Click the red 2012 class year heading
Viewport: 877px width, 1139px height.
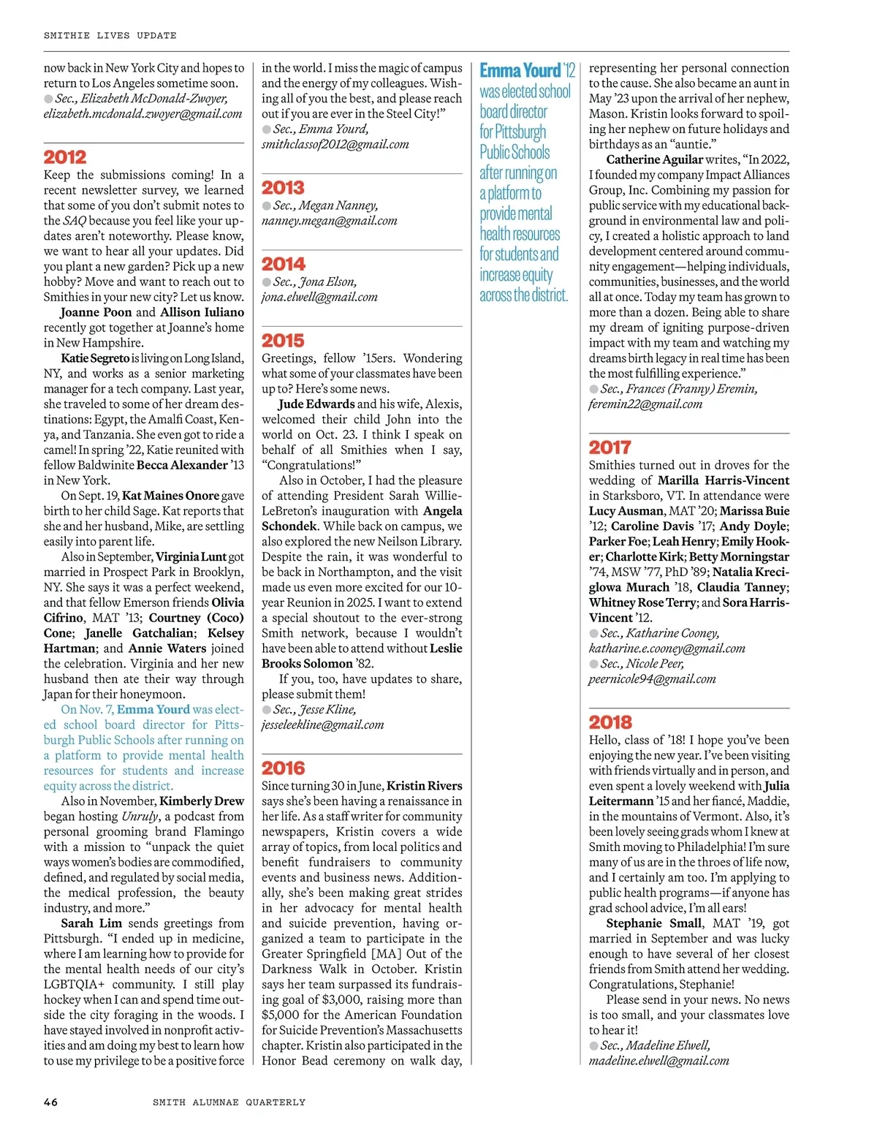[65, 157]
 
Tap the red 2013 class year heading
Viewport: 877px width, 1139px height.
[283, 188]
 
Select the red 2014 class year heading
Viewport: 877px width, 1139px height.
[283, 264]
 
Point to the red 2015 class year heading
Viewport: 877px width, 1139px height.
[283, 341]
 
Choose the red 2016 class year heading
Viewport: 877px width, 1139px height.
[283, 768]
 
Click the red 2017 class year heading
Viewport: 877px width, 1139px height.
[610, 447]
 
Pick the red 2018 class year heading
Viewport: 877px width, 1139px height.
[610, 722]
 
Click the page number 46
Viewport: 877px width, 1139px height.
[50, 1102]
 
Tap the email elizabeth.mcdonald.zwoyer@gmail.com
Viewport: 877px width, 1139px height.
[143, 114]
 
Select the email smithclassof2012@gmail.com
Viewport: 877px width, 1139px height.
[335, 145]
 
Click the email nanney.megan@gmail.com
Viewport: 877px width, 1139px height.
[330, 221]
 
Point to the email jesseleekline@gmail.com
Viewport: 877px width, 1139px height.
[322, 725]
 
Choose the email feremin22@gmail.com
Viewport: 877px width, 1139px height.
[645, 404]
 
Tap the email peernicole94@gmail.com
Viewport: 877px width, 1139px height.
[652, 679]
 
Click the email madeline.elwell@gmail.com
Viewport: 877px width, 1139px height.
[658, 1061]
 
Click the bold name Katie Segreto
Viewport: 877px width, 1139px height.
[94, 358]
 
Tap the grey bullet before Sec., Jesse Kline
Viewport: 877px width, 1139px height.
[267, 710]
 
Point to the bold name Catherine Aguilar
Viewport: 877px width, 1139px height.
[654, 159]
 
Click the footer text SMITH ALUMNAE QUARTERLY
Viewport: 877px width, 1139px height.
[229, 1102]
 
